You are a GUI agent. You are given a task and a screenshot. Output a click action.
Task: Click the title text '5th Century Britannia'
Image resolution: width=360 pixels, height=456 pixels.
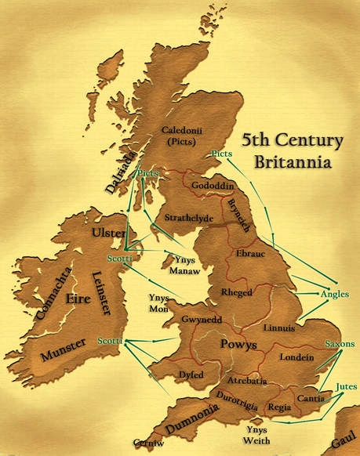(292, 151)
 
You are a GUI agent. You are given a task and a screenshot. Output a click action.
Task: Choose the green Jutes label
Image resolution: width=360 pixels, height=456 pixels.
(345, 386)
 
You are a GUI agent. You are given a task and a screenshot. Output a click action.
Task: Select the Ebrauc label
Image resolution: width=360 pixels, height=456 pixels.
(251, 253)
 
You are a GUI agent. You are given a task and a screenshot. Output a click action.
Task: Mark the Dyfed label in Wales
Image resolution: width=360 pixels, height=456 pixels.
(192, 375)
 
